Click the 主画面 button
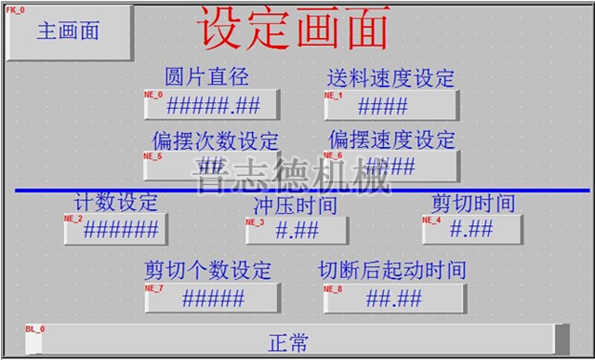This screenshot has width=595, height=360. [69, 31]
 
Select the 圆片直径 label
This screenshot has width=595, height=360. [206, 76]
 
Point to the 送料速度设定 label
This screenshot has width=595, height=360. [390, 76]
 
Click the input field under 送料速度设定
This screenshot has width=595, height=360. [390, 105]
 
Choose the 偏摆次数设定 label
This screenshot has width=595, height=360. [216, 141]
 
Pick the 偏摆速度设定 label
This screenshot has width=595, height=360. [391, 140]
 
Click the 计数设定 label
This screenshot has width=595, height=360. [116, 202]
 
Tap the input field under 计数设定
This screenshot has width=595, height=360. [116, 229]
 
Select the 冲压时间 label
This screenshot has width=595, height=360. [295, 205]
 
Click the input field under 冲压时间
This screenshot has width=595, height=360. [297, 231]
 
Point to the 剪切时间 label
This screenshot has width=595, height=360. [473, 203]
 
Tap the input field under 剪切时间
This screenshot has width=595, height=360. [472, 230]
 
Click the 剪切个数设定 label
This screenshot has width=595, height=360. [207, 271]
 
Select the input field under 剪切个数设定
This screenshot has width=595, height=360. [211, 299]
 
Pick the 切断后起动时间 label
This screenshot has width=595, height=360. [391, 271]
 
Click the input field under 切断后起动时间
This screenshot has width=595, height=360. [393, 299]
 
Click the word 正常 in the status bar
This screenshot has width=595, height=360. [288, 341]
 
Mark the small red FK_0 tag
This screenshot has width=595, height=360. [17, 8]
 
